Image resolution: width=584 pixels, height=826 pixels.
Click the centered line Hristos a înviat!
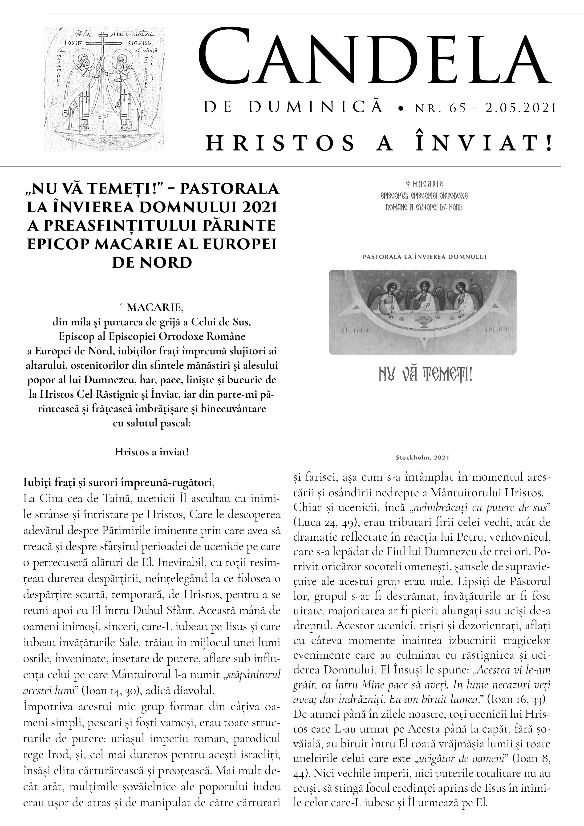(151, 452)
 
